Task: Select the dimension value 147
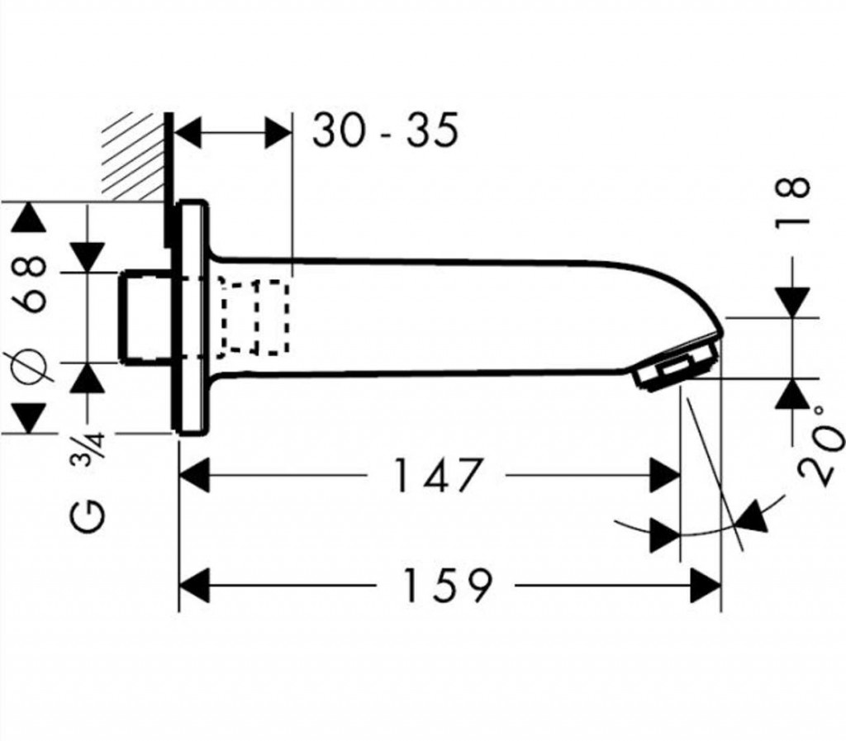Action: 435,477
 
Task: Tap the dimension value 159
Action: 447,586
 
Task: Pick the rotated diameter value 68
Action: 32,285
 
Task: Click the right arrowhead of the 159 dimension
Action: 706,586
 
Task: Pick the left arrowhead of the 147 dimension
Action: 195,477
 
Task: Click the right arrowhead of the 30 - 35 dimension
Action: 279,132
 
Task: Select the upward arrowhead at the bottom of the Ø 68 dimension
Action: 31,416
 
